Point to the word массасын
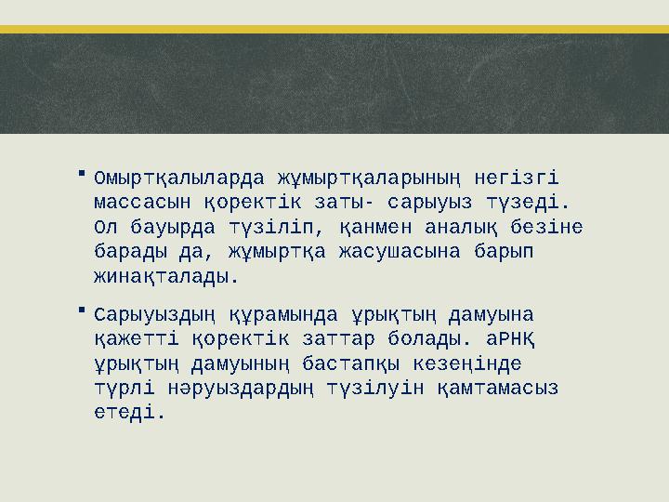coord(143,203)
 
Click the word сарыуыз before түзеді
coord(437,203)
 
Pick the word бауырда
coord(174,227)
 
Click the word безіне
coord(547,227)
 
